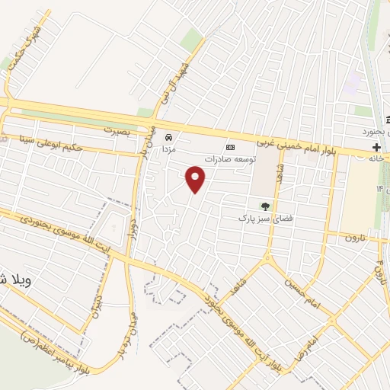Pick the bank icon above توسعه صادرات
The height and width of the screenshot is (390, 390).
230,147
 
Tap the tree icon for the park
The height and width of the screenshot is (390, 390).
265,205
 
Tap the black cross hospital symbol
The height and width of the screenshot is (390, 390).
376,145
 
